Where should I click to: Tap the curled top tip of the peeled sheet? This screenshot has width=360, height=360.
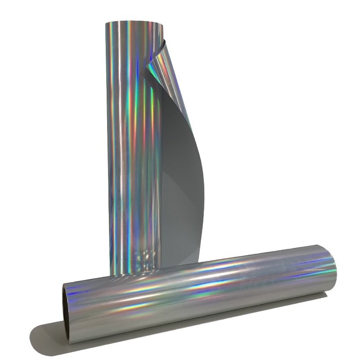pos(164,40)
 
